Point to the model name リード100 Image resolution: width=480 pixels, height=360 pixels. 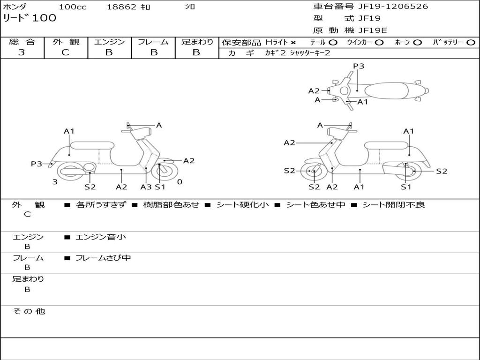point(29,18)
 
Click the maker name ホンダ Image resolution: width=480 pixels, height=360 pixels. point(15,7)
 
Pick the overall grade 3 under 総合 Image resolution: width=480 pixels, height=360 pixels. point(22,52)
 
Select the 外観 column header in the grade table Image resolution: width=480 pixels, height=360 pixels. point(66,42)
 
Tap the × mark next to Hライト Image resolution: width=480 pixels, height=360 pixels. point(293,43)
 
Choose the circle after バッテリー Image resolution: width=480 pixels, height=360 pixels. point(471,43)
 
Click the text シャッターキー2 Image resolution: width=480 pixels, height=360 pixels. point(310,53)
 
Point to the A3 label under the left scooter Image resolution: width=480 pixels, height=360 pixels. point(146,187)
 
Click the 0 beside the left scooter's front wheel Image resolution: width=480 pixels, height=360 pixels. point(180,182)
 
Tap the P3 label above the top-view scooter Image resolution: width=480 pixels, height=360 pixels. point(359,66)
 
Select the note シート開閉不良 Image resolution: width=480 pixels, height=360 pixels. point(393,205)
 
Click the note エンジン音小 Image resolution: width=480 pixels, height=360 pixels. point(101,237)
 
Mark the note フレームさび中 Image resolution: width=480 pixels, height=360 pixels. point(103,258)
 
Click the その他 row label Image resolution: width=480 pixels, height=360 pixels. point(29,311)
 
